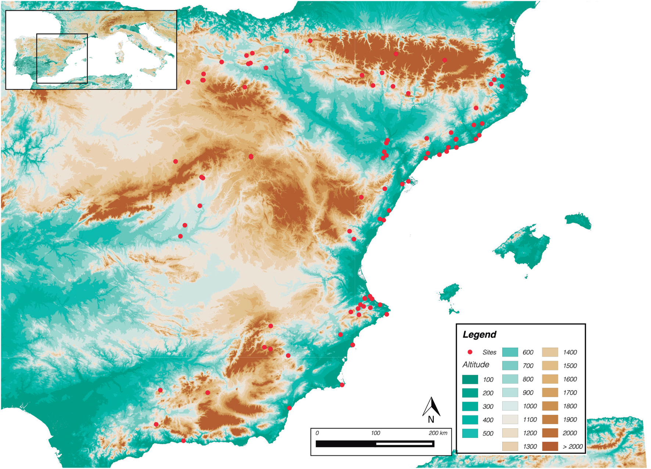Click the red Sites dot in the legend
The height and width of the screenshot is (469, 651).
click(x=470, y=352)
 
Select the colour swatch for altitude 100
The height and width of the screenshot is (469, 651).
click(x=470, y=379)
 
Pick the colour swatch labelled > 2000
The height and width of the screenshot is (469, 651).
click(x=550, y=446)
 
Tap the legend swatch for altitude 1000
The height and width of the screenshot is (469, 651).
click(x=510, y=406)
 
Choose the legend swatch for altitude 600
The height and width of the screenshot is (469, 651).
click(x=510, y=352)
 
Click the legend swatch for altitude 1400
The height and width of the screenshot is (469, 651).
click(x=550, y=352)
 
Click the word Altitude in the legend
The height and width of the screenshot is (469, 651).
click(x=476, y=365)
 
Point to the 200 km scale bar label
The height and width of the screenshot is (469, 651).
click(x=438, y=433)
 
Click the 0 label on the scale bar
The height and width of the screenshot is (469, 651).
click(x=317, y=433)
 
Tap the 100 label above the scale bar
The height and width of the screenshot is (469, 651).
click(x=375, y=433)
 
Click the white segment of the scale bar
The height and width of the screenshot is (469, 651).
click(x=404, y=444)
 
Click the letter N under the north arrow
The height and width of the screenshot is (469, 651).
click(x=431, y=419)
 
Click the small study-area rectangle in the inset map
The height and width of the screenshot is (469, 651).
click(x=62, y=58)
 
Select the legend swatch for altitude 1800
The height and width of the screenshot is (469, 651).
click(x=550, y=406)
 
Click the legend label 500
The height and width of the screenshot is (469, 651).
click(x=488, y=433)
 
